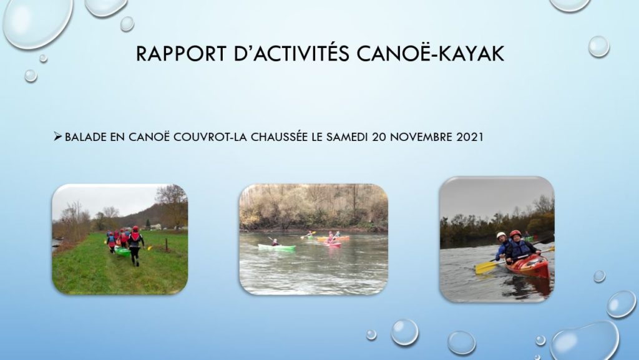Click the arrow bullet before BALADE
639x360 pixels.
click(x=57, y=137)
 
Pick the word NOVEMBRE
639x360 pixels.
click(x=421, y=137)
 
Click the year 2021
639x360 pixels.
click(x=470, y=137)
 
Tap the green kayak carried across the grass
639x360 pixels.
click(x=122, y=251)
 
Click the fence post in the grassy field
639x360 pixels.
click(x=166, y=245)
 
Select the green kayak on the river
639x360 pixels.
click(x=276, y=247)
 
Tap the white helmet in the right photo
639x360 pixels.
click(x=501, y=235)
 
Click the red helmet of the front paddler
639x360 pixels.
click(x=515, y=233)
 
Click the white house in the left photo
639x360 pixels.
click(x=155, y=226)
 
